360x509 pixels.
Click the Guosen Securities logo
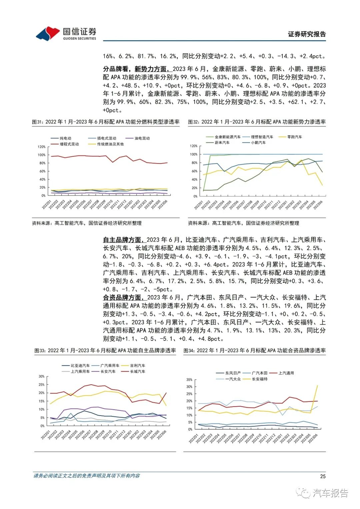(x=66, y=33)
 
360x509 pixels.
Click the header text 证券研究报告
(x=307, y=34)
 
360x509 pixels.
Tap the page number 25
(x=322, y=476)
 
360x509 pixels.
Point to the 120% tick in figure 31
(x=42, y=147)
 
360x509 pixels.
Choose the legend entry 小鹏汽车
(x=258, y=142)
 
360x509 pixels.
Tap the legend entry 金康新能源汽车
(x=228, y=137)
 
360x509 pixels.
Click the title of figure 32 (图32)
(x=257, y=122)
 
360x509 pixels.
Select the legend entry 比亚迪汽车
(x=80, y=366)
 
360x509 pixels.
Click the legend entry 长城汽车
(x=137, y=371)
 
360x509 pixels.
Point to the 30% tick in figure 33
(x=41, y=376)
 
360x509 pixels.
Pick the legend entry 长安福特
(x=260, y=379)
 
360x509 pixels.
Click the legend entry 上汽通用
(x=286, y=373)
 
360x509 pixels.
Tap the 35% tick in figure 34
(x=189, y=380)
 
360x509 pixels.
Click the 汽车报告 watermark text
(x=330, y=493)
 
